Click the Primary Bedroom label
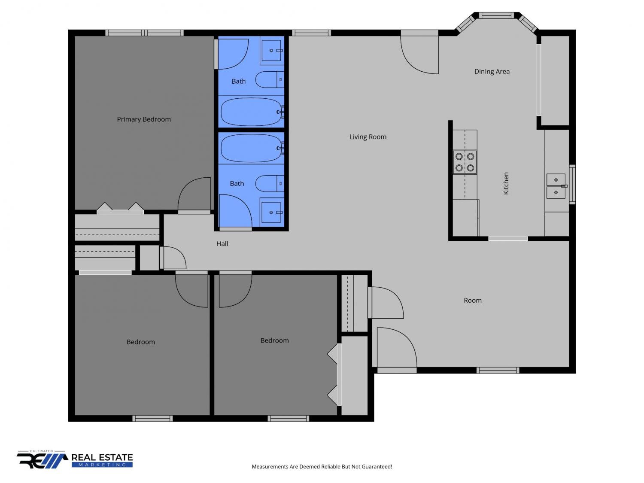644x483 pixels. (x=144, y=119)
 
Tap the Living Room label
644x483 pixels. (x=368, y=137)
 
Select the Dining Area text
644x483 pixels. (x=492, y=72)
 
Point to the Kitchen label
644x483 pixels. (x=506, y=183)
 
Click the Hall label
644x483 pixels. (x=222, y=243)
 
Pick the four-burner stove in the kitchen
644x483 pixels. (x=465, y=162)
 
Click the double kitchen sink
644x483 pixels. (x=556, y=186)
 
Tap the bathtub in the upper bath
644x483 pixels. (x=252, y=112)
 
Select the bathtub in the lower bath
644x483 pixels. (x=252, y=148)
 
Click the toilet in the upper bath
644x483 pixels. (x=270, y=79)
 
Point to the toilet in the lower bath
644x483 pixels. (x=270, y=184)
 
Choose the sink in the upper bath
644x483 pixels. (x=271, y=51)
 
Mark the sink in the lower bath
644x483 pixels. (x=271, y=213)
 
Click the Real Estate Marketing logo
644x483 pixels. (x=75, y=459)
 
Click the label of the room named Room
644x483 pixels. (x=472, y=300)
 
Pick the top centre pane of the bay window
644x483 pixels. (x=496, y=15)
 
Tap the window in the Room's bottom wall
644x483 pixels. (x=498, y=371)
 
